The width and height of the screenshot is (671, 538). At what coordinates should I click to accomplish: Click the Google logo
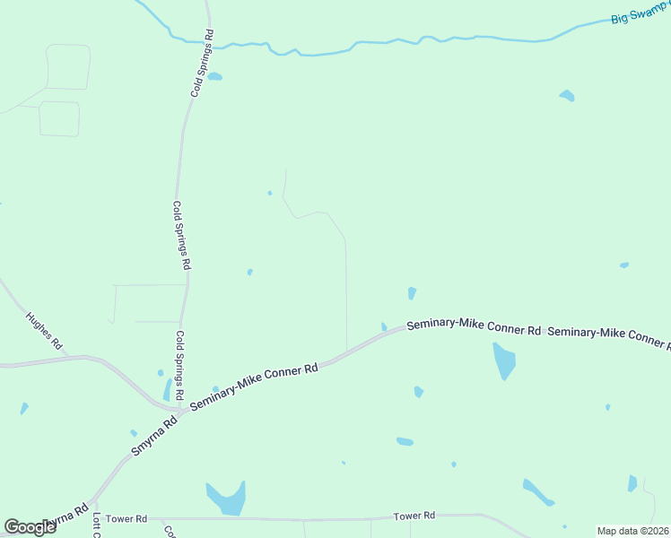(30, 526)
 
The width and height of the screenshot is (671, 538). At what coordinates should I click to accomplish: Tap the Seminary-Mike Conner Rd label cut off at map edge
(608, 336)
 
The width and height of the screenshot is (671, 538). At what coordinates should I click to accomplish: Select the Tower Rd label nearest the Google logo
(125, 519)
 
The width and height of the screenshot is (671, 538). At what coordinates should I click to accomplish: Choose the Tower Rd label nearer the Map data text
(414, 516)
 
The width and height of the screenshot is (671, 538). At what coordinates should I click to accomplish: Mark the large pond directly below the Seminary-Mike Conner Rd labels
(504, 360)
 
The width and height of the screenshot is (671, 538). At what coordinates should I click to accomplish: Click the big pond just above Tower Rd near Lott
(227, 497)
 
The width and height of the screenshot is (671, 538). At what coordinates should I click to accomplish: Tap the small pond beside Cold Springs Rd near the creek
(214, 77)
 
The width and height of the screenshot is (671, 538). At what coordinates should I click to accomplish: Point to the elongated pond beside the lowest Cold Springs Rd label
(167, 390)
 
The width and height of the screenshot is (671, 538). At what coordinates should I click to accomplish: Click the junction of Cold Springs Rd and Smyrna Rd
(182, 410)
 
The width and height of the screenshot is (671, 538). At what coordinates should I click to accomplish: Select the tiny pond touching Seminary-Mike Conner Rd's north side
(384, 327)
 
